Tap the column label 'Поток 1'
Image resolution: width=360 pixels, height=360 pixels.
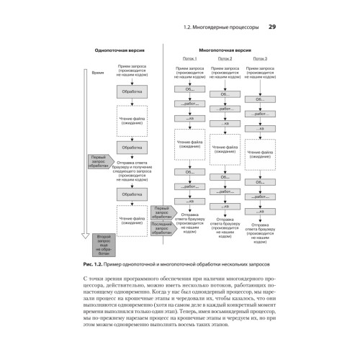pos(190,59)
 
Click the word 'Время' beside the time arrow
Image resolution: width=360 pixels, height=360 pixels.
pos(99,73)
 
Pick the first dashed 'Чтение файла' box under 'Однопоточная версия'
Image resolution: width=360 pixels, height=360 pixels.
pos(132,120)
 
